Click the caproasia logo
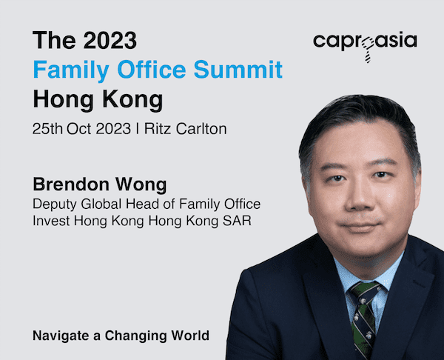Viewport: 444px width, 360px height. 365,46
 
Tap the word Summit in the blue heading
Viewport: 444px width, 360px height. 238,69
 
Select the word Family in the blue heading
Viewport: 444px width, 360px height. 71,70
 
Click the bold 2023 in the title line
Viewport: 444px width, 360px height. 110,40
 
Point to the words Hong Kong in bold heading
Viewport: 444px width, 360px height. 98,100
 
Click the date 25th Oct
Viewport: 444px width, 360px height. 61,129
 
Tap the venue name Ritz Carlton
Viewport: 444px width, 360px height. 186,129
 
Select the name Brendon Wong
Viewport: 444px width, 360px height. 100,185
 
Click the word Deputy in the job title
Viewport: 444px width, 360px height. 54,204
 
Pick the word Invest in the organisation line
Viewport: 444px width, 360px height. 51,221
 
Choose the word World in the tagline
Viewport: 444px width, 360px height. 190,336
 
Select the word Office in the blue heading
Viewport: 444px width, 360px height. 152,69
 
